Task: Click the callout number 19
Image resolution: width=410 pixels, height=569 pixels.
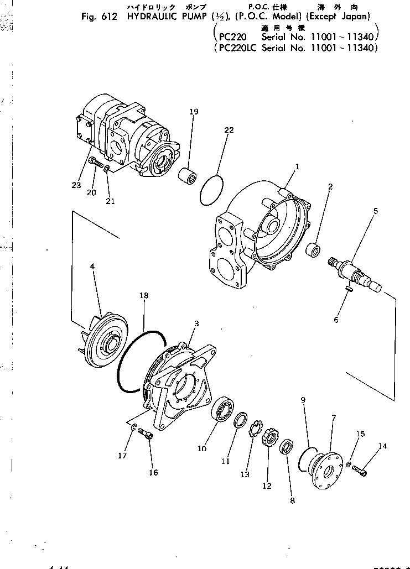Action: (193, 112)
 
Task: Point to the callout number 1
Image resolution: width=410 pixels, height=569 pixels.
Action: (297, 166)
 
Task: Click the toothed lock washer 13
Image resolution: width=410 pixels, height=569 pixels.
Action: (255, 430)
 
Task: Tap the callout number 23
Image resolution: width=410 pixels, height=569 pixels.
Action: (75, 185)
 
